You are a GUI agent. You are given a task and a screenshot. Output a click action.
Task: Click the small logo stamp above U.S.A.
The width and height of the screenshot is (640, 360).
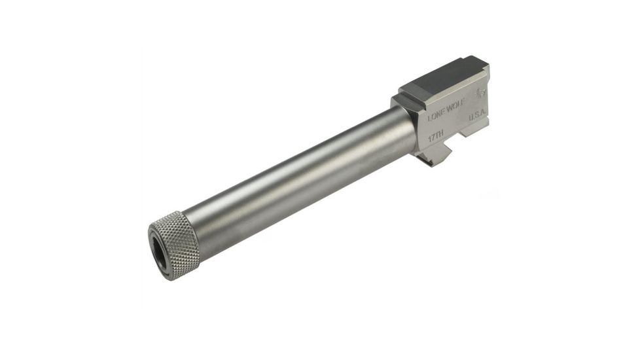tap(481, 92)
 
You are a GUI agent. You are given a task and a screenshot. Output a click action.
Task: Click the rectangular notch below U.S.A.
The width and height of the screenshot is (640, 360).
tap(469, 130)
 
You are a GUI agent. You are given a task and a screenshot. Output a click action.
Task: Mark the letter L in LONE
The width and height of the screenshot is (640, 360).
tap(429, 118)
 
